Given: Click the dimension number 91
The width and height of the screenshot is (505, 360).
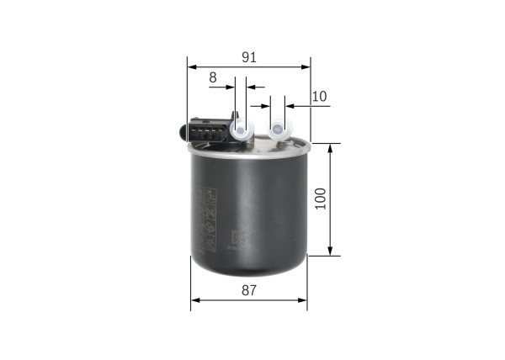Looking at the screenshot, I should click(x=249, y=57).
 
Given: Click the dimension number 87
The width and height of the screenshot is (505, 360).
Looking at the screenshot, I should click(x=249, y=290).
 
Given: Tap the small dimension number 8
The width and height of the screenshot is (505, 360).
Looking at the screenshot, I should click(x=213, y=77).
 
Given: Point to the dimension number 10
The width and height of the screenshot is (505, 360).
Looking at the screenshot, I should click(x=318, y=97).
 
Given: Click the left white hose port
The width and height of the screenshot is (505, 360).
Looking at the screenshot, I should click(x=241, y=129).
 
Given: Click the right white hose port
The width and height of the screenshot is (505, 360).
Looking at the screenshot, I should click(x=277, y=130).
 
